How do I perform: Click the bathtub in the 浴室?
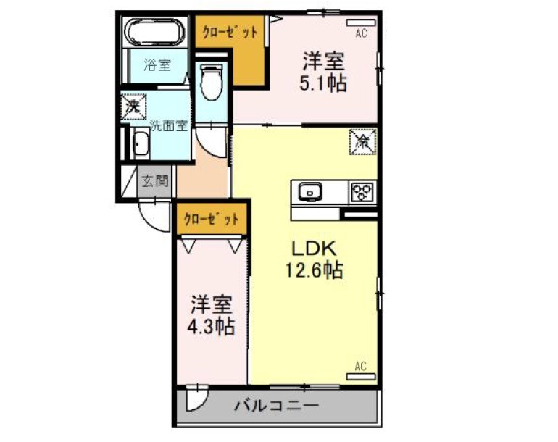(x=155, y=31)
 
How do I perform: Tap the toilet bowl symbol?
(x=212, y=82)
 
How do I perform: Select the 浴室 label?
(x=157, y=64)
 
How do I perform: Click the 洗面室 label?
(x=168, y=125)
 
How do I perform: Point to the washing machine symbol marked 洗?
(x=133, y=107)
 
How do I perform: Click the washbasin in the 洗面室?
(x=141, y=143)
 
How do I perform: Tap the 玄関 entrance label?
(x=155, y=181)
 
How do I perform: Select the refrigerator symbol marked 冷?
(x=362, y=141)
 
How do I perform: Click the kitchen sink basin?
(x=309, y=191)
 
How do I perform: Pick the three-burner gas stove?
(x=362, y=192)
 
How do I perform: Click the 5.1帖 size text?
(x=322, y=84)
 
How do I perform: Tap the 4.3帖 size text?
(x=211, y=326)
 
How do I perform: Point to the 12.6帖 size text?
(x=314, y=270)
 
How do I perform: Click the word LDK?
(x=314, y=249)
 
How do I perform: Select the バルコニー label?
(x=276, y=405)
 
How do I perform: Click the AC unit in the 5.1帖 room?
(x=361, y=22)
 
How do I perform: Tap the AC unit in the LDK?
(x=361, y=377)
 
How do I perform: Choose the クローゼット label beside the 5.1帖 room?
(x=230, y=33)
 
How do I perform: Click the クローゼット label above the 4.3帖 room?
(x=212, y=220)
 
